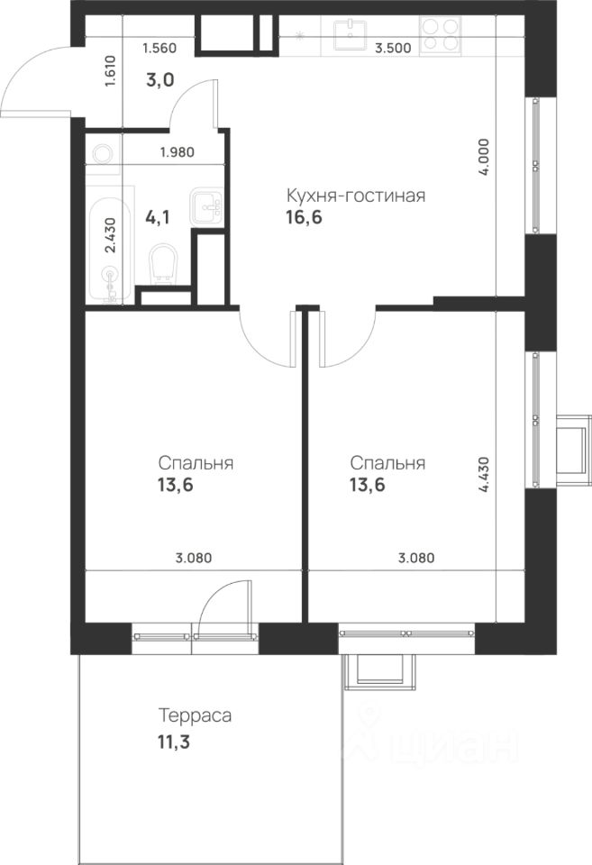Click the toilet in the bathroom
[x=163, y=264]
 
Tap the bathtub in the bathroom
[x=110, y=245]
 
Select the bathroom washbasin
[x=207, y=207]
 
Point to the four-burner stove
[x=440, y=35]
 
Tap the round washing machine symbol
[x=103, y=154]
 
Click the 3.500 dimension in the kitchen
[x=393, y=48]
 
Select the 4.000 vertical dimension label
[x=484, y=157]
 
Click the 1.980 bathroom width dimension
[x=178, y=151]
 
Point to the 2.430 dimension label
[x=111, y=235]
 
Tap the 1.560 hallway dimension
[x=159, y=48]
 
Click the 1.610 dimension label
[x=111, y=71]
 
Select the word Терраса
[x=195, y=715]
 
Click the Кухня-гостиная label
[x=356, y=196]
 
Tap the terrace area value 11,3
[x=174, y=742]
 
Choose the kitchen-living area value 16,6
[x=304, y=217]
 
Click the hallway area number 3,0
[x=160, y=80]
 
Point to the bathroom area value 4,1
[x=158, y=217]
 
